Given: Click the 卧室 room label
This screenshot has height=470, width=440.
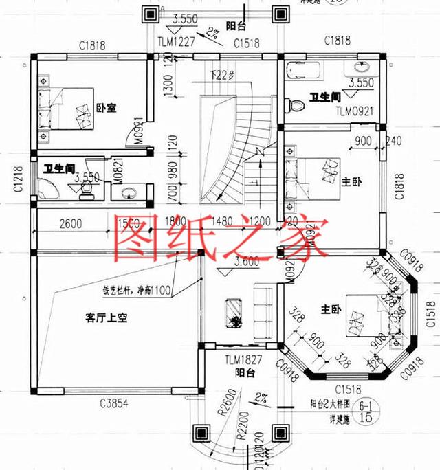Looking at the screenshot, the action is (105, 108).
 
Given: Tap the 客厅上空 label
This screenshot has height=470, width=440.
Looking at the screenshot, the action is (107, 318).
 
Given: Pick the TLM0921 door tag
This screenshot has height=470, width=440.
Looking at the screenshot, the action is (355, 110).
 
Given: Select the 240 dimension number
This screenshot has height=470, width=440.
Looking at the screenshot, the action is (395, 142).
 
